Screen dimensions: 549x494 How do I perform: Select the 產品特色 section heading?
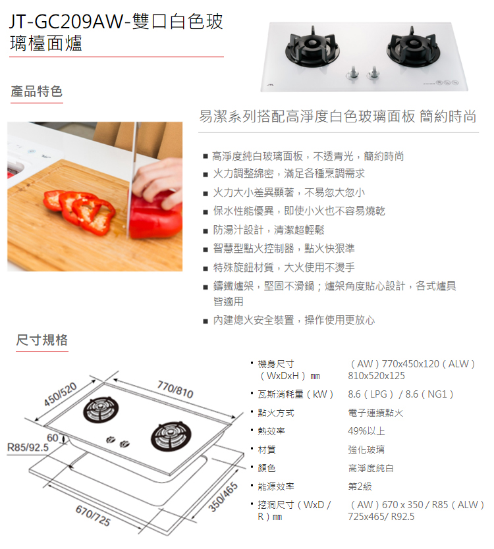point(36,91)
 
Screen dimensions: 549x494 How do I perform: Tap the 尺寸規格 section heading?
point(41,340)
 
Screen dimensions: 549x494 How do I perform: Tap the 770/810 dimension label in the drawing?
point(175,390)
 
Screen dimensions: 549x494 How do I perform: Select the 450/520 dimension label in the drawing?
point(61,394)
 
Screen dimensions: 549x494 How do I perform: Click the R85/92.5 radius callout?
point(28,448)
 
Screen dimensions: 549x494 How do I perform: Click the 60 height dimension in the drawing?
point(51,438)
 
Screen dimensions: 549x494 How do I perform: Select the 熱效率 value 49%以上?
point(366,431)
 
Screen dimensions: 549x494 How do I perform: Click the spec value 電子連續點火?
point(375,413)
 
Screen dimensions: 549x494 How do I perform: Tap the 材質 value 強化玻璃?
point(367,450)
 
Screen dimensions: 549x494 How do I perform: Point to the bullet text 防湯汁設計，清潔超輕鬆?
point(268,230)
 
